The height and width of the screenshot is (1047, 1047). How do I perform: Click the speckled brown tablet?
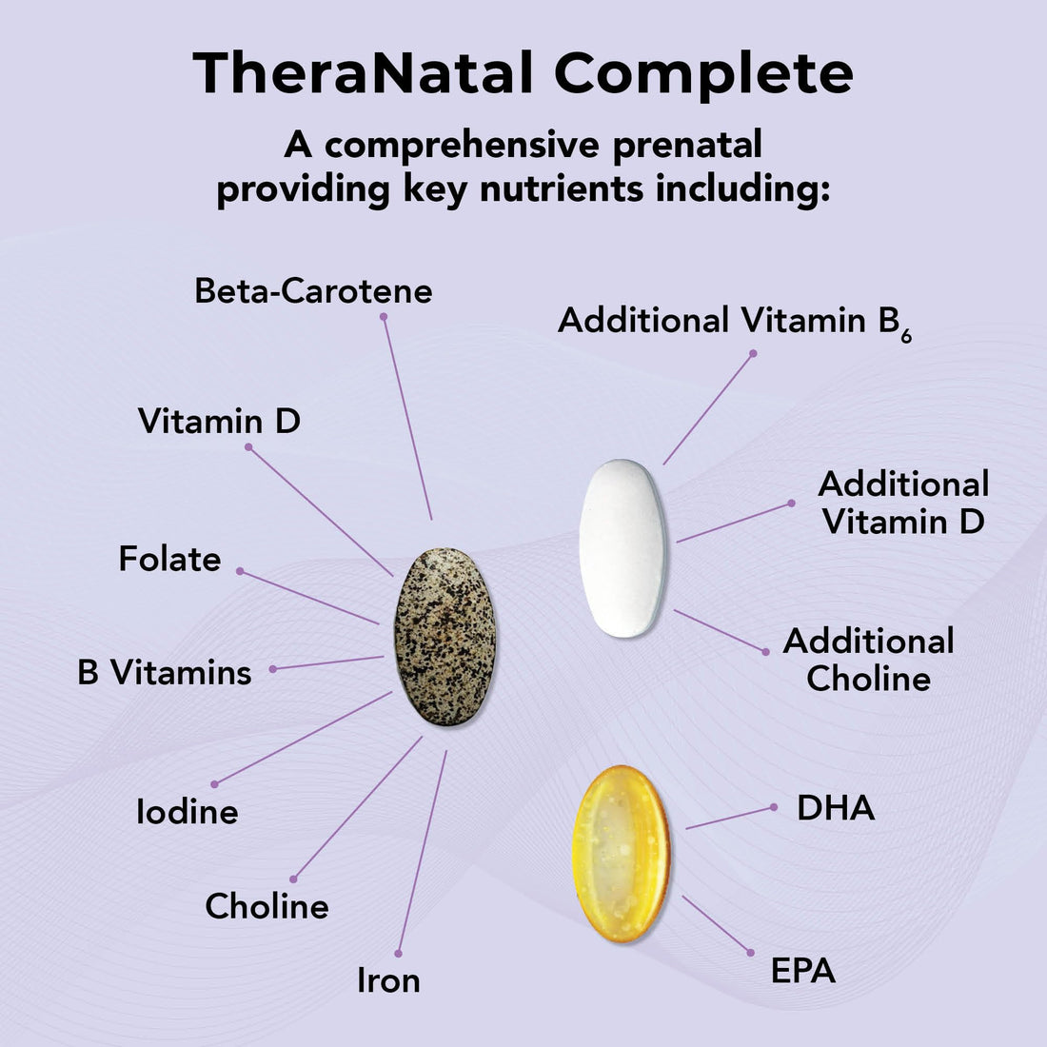[445, 637]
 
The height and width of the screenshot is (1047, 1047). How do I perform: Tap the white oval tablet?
[623, 548]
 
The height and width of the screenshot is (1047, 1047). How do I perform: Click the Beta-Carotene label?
[313, 290]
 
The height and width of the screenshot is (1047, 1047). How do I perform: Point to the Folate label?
[169, 559]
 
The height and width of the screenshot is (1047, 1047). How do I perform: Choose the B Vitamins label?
[165, 673]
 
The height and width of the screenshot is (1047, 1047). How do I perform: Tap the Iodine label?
[187, 812]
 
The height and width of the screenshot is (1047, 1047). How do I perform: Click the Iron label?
[388, 980]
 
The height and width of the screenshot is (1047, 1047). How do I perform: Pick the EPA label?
[803, 971]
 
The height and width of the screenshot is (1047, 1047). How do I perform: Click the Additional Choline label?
[868, 660]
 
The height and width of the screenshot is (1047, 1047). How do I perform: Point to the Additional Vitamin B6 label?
[734, 322]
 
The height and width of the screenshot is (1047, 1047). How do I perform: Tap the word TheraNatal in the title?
[362, 73]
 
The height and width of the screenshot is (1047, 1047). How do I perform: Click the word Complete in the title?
[703, 73]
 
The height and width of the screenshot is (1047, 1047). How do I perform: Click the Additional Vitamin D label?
[903, 503]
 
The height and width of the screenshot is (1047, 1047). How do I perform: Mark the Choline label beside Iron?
[267, 906]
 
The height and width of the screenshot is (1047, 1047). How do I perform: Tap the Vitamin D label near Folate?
[219, 421]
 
